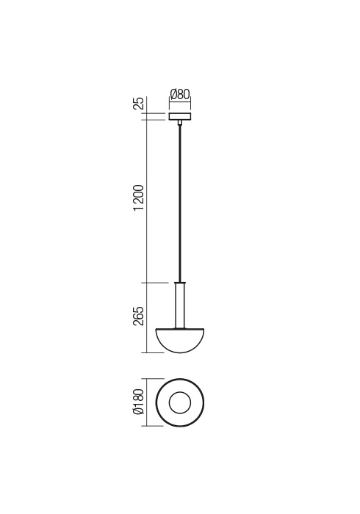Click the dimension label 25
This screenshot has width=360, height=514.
(x=139, y=103)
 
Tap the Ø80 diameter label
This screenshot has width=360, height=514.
(x=180, y=95)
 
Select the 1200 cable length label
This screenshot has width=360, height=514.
(x=139, y=198)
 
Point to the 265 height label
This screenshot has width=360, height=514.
(x=139, y=316)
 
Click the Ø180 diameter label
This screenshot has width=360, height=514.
(x=139, y=402)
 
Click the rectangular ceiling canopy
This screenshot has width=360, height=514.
(x=180, y=116)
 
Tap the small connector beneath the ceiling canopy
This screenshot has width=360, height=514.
(x=180, y=123)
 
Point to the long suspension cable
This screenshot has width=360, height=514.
(x=180, y=203)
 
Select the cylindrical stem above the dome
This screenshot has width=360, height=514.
(x=180, y=305)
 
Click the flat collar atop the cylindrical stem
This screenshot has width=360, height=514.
(x=180, y=283)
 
